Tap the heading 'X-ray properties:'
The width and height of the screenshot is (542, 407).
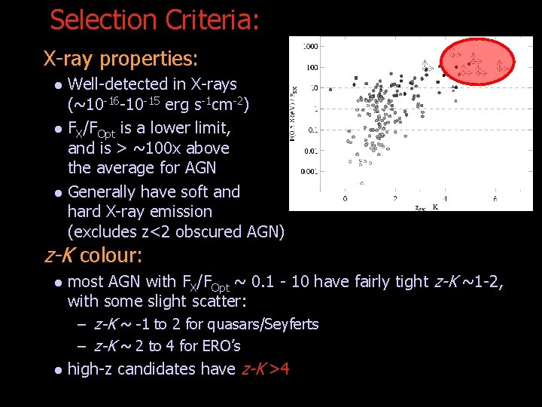coord(120,58)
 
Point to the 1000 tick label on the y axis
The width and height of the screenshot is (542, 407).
coord(309,47)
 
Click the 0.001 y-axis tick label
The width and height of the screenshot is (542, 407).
coord(309,172)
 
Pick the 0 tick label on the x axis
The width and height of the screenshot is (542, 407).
coord(345,199)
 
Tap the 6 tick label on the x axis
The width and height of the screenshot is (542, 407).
coord(494,199)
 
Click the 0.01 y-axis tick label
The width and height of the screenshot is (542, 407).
coord(309,151)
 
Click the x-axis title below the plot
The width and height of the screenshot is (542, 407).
coord(426,207)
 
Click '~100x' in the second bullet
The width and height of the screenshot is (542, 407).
coord(157,148)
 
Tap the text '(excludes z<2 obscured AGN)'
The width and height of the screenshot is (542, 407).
coord(176,232)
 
